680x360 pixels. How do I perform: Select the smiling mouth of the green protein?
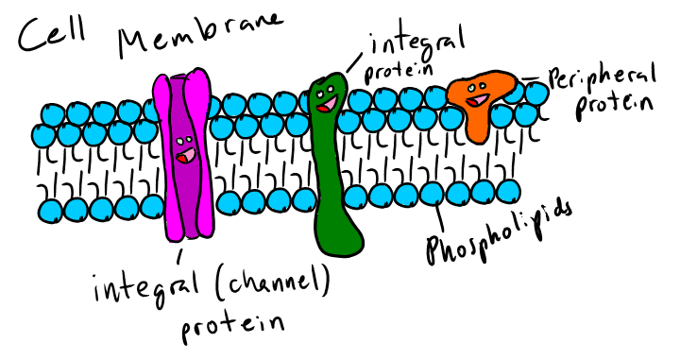pyautogui.click(x=325, y=105)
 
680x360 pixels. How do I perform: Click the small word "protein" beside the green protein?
pyautogui.click(x=397, y=71)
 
